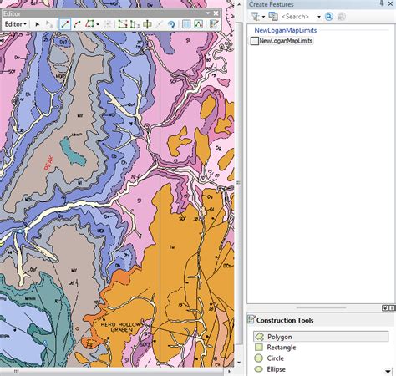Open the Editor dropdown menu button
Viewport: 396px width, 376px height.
(15, 24)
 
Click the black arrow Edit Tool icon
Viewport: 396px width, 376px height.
(38, 24)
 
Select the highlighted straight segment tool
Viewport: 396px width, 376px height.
(64, 24)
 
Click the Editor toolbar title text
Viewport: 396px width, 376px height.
(12, 13)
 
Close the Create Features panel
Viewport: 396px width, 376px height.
(390, 5)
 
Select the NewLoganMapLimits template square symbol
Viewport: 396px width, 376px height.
(255, 40)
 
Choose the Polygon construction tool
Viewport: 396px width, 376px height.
(281, 336)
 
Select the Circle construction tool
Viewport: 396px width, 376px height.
(275, 358)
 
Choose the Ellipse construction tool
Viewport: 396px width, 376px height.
(276, 369)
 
